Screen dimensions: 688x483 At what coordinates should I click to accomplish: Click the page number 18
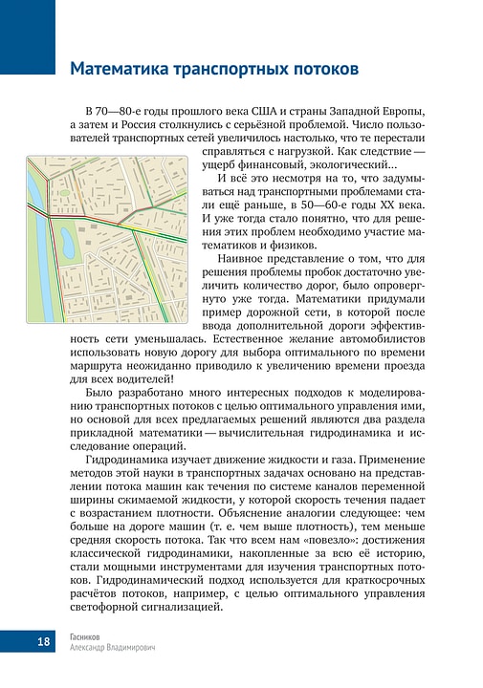click(17, 640)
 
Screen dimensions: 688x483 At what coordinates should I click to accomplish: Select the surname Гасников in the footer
click(89, 634)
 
